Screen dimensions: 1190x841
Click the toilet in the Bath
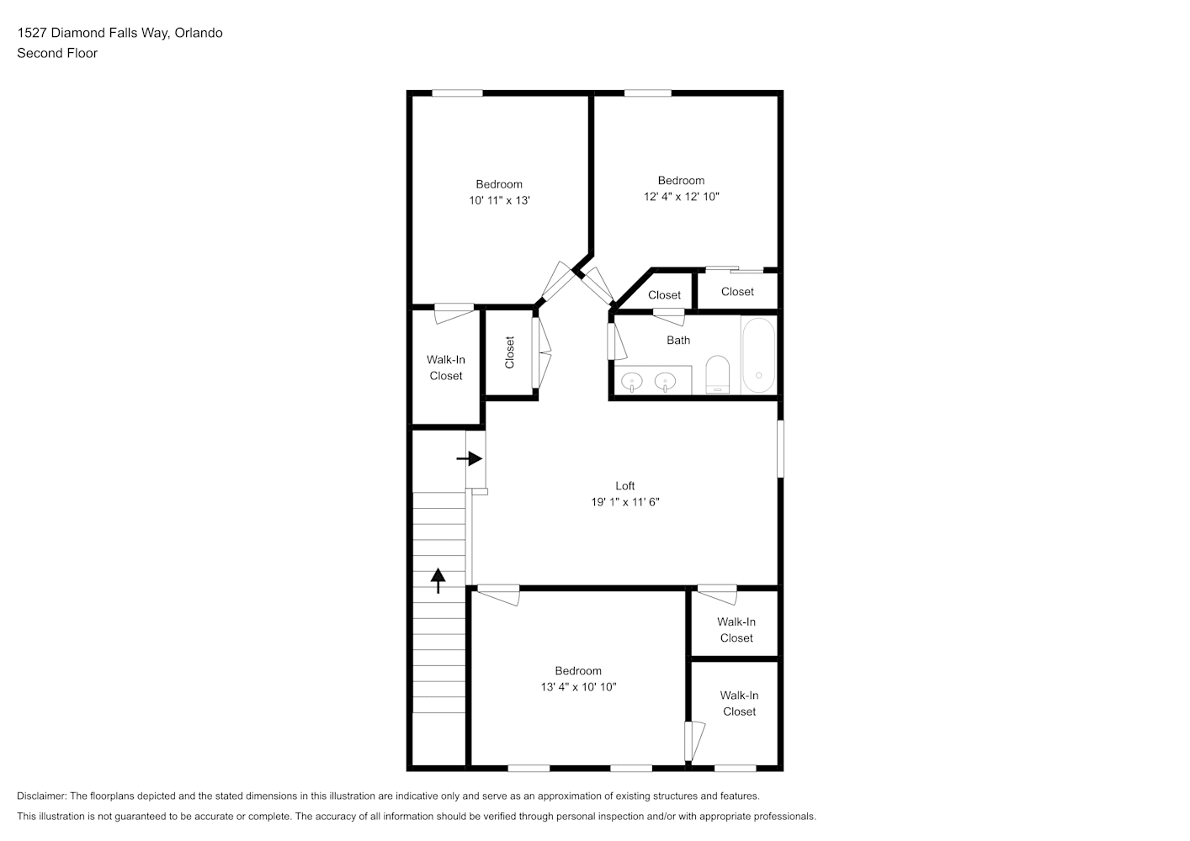click(717, 374)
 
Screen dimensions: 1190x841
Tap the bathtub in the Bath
click(758, 355)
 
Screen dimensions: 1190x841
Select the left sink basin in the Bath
click(632, 381)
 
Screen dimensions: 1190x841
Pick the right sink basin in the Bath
click(665, 381)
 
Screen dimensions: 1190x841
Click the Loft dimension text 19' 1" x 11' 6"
click(625, 502)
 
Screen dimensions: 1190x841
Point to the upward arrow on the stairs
click(438, 580)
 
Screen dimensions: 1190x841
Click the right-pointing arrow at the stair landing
click(470, 458)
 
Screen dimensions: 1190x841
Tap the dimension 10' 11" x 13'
click(499, 200)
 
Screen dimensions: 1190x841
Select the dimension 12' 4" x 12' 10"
click(682, 197)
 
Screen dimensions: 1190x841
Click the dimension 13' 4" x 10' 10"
click(578, 686)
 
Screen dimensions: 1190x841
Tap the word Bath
click(678, 340)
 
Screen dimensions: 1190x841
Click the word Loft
click(625, 485)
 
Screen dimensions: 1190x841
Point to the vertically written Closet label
click(509, 352)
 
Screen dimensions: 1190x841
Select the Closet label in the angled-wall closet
click(664, 294)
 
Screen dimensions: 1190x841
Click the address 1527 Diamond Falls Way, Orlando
click(120, 33)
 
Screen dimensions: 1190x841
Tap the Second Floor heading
click(57, 53)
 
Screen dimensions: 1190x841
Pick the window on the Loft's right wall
click(780, 448)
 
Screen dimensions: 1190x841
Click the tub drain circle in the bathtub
click(758, 375)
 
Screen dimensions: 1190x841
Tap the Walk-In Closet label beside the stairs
click(446, 368)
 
